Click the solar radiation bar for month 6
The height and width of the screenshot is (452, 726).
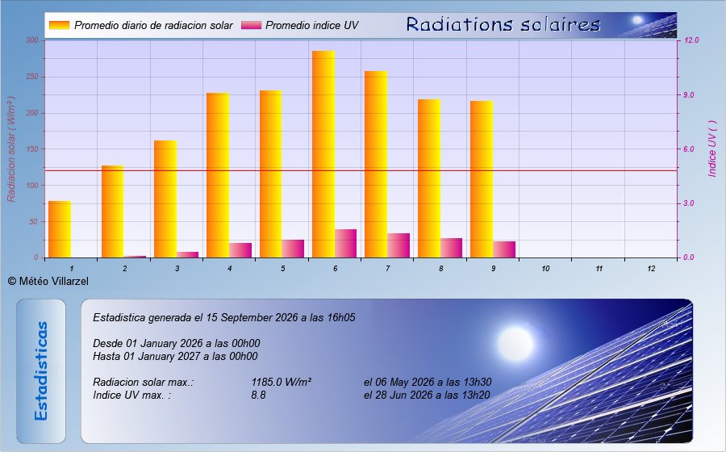[x=323, y=154]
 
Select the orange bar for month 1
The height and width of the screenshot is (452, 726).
[x=60, y=229]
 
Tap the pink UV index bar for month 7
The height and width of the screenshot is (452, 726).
[x=398, y=245]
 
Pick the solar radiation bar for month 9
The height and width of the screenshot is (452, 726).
[x=482, y=179]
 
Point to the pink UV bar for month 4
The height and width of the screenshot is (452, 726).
[x=240, y=250]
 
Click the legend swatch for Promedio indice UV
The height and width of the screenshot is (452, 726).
[x=251, y=25]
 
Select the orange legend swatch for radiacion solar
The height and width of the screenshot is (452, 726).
[x=59, y=25]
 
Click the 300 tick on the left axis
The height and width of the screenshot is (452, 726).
[x=32, y=40]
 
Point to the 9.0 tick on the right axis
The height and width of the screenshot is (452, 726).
[x=689, y=95]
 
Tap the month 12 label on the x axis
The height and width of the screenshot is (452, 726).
[x=651, y=269]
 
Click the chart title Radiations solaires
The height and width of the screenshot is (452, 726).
[x=503, y=24]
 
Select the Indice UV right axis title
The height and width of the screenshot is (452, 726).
[x=712, y=149]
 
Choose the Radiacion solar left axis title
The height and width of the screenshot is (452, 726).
[x=11, y=149]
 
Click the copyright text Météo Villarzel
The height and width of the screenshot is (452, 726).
[x=48, y=281]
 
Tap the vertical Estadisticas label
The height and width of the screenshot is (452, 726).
[x=41, y=371]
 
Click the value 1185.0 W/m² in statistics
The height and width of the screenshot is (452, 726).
[x=281, y=382]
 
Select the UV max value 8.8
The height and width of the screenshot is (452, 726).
[x=258, y=395]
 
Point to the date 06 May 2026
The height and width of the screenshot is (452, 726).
[x=405, y=382]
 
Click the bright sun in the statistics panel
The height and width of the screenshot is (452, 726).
[x=515, y=344]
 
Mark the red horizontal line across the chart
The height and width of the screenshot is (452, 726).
[x=361, y=170]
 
